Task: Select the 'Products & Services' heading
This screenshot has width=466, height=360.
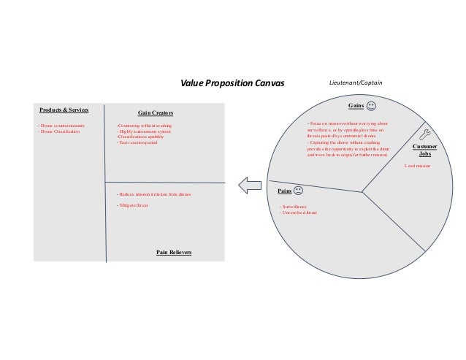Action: pyautogui.click(x=64, y=110)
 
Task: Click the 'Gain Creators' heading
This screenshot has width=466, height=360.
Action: pyautogui.click(x=156, y=113)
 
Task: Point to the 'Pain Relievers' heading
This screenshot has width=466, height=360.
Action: pyautogui.click(x=174, y=251)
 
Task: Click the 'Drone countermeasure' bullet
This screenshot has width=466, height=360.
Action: pyautogui.click(x=61, y=126)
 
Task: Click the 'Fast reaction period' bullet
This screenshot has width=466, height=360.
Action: pyautogui.click(x=137, y=142)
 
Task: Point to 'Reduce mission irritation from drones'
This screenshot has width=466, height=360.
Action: pyautogui.click(x=153, y=194)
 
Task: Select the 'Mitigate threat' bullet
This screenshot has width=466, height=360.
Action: pyautogui.click(x=132, y=206)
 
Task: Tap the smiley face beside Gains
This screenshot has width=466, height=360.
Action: pyautogui.click(x=372, y=107)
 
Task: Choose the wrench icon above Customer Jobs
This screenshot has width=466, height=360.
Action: pyautogui.click(x=426, y=134)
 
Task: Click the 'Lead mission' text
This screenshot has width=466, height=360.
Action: pyautogui.click(x=418, y=166)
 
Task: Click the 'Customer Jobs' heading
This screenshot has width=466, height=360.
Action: pyautogui.click(x=424, y=150)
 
